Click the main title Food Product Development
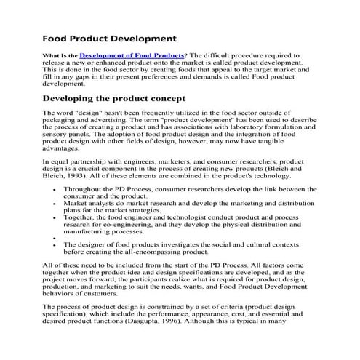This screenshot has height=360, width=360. click(x=109, y=38)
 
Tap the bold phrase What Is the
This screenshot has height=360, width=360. click(x=60, y=55)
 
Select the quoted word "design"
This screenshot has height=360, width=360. click(x=88, y=114)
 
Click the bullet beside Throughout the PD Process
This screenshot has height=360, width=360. click(x=56, y=188)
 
